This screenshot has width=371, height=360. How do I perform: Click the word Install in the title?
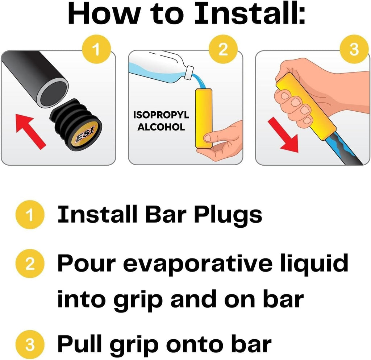pyautogui.click(x=250, y=13)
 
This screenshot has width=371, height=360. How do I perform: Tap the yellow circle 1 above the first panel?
pyautogui.click(x=96, y=49)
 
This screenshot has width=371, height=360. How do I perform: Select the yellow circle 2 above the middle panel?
pyautogui.click(x=223, y=49)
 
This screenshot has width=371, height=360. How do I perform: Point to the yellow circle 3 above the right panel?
pyautogui.click(x=354, y=49)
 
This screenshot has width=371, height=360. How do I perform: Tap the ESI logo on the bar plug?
pyautogui.click(x=85, y=135)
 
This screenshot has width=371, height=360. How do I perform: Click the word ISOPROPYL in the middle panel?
pyautogui.click(x=161, y=115)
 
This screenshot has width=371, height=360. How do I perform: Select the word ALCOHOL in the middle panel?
pyautogui.click(x=161, y=127)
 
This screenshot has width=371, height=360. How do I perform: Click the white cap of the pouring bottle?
pyautogui.click(x=189, y=72)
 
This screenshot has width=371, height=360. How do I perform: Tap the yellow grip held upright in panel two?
pyautogui.click(x=204, y=118)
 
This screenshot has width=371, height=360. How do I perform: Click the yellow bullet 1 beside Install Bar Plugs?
pyautogui.click(x=30, y=215)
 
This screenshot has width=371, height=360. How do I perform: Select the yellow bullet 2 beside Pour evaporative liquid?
pyautogui.click(x=30, y=264)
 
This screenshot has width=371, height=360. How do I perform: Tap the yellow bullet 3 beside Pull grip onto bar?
pyautogui.click(x=30, y=344)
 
